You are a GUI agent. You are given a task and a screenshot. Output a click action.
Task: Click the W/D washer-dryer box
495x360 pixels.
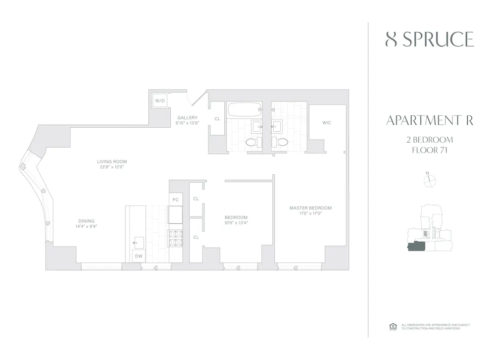pyautogui.click(x=160, y=101)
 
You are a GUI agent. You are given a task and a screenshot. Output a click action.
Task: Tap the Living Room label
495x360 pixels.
pyautogui.click(x=112, y=161)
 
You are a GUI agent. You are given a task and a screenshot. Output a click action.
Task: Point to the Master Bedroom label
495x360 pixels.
pyautogui.click(x=310, y=208)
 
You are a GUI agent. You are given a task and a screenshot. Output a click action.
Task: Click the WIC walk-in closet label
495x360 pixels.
pyautogui.click(x=327, y=122)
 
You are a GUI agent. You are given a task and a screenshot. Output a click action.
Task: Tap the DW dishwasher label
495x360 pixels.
pyautogui.click(x=139, y=257)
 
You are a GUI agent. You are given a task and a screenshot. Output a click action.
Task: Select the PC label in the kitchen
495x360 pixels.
pyautogui.click(x=175, y=200)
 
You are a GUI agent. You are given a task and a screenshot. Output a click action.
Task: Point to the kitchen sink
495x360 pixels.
pyautogui.click(x=138, y=243)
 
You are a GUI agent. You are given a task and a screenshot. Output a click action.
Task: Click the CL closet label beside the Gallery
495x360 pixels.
pyautogui.click(x=217, y=119)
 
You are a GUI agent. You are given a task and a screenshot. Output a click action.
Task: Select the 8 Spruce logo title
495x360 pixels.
pyautogui.click(x=429, y=40)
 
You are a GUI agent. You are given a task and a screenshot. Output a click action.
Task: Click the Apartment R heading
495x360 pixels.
pyautogui.click(x=429, y=121)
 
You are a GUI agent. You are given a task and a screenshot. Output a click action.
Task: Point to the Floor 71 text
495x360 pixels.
pyautogui.click(x=429, y=151)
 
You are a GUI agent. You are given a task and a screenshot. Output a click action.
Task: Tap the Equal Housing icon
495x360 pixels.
pyautogui.click(x=393, y=326)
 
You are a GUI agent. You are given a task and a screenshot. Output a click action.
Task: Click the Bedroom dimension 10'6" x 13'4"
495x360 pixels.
pyautogui.click(x=236, y=222)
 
